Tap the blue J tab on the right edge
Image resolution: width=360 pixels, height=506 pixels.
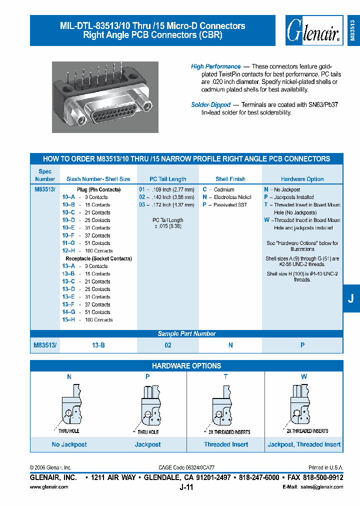[351, 298]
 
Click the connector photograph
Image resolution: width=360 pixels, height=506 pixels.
[105, 97]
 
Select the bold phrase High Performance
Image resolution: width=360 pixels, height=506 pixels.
[215, 66]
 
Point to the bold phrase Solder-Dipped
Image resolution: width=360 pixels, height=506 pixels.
[210, 105]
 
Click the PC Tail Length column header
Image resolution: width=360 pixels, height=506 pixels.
[168, 179]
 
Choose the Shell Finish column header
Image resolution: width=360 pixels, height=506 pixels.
[230, 179]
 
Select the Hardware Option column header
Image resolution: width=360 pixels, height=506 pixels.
[302, 179]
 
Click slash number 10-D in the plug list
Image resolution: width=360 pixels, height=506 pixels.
[68, 220]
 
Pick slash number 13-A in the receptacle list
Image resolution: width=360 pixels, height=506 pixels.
[68, 266]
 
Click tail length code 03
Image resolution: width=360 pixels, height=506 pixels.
[142, 205]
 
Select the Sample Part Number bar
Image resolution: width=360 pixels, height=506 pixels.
[186, 334]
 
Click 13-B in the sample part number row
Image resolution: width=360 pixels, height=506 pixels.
[98, 345]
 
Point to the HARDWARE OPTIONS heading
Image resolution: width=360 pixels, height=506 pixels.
[186, 366]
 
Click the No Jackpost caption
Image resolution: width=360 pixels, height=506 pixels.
[69, 444]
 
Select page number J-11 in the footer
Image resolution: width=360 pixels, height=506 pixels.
[186, 487]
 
